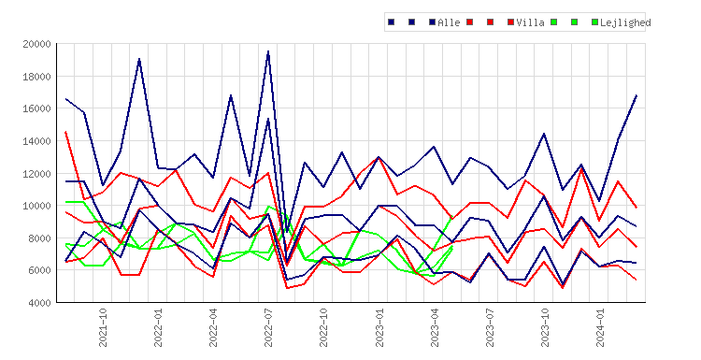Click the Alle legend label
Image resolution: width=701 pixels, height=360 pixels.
(x=449, y=22)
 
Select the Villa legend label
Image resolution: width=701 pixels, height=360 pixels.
(x=530, y=22)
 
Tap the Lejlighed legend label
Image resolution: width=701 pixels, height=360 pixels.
(x=625, y=22)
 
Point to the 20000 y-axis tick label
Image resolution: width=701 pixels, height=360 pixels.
(x=36, y=44)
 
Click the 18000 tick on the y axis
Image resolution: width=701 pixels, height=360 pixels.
(x=36, y=77)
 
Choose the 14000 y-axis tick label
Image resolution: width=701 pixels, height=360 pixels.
(x=36, y=141)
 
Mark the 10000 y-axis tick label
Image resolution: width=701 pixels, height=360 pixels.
(x=36, y=206)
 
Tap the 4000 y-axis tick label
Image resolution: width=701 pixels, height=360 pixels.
(x=39, y=303)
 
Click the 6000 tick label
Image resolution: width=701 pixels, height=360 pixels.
(x=39, y=270)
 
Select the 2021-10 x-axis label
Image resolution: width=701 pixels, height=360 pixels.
(x=103, y=327)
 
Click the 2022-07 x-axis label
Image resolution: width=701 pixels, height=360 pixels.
(x=268, y=327)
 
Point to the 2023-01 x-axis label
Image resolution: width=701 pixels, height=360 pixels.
(x=379, y=327)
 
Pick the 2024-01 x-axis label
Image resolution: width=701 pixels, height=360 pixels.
(x=600, y=327)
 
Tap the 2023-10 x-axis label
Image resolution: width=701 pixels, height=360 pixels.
(x=545, y=327)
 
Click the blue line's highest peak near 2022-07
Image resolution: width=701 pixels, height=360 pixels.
(x=268, y=51)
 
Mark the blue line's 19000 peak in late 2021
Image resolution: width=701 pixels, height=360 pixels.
(x=139, y=59)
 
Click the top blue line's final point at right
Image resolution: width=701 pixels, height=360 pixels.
(x=637, y=95)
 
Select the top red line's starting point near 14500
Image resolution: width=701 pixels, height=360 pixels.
(x=65, y=132)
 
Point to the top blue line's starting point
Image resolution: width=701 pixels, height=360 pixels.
(x=65, y=99)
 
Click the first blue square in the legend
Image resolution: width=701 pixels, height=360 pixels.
(x=392, y=22)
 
